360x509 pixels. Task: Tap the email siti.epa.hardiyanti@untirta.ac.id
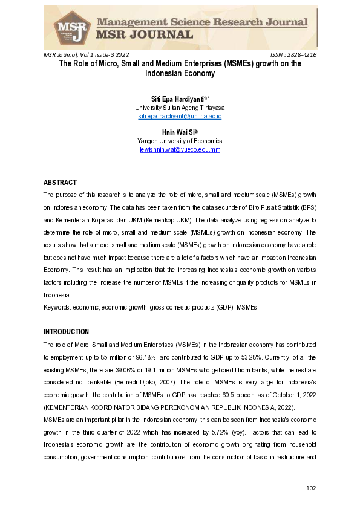[180, 115]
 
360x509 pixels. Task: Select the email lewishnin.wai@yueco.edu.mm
[180, 149]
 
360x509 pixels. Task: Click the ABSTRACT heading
[61, 182]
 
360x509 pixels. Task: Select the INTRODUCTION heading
[66, 332]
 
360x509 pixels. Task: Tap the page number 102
[311, 488]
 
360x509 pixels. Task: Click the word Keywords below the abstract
[57, 307]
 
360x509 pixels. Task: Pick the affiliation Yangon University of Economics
[180, 140]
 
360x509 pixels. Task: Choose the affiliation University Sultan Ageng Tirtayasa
[180, 107]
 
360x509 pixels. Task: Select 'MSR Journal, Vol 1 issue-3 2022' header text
[86, 54]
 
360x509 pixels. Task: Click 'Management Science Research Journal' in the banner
[203, 22]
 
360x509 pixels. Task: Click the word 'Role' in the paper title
[83, 63]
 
